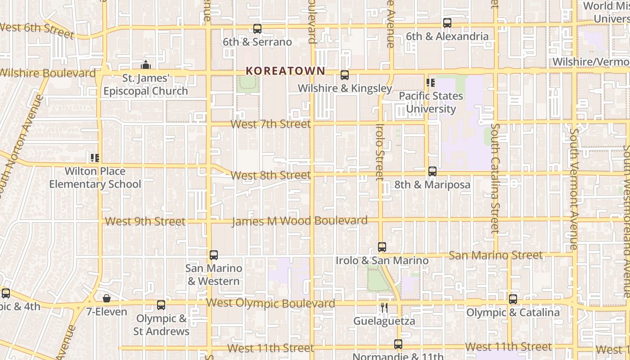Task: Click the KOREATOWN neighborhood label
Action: tap(285, 71)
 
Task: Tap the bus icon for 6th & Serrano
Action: tap(257, 29)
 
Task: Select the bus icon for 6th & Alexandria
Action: tap(447, 23)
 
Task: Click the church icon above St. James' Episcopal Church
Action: tap(145, 65)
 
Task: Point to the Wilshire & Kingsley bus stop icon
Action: tap(345, 75)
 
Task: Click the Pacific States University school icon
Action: tap(431, 83)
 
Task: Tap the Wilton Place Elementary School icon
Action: tap(95, 158)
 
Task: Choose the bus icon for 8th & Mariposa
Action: tap(432, 171)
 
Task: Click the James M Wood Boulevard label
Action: tap(299, 221)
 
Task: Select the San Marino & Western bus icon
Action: tap(214, 255)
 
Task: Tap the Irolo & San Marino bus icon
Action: tap(382, 247)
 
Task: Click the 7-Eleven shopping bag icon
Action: tap(107, 298)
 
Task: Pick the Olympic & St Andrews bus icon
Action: tap(161, 305)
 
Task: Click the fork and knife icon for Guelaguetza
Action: tap(384, 308)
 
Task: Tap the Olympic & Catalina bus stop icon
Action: tap(513, 299)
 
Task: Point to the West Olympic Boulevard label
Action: tap(270, 303)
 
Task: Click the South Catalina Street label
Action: tap(495, 178)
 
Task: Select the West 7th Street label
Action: tap(270, 124)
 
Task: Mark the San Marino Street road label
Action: tap(496, 256)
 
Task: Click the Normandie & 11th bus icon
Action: tap(398, 344)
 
